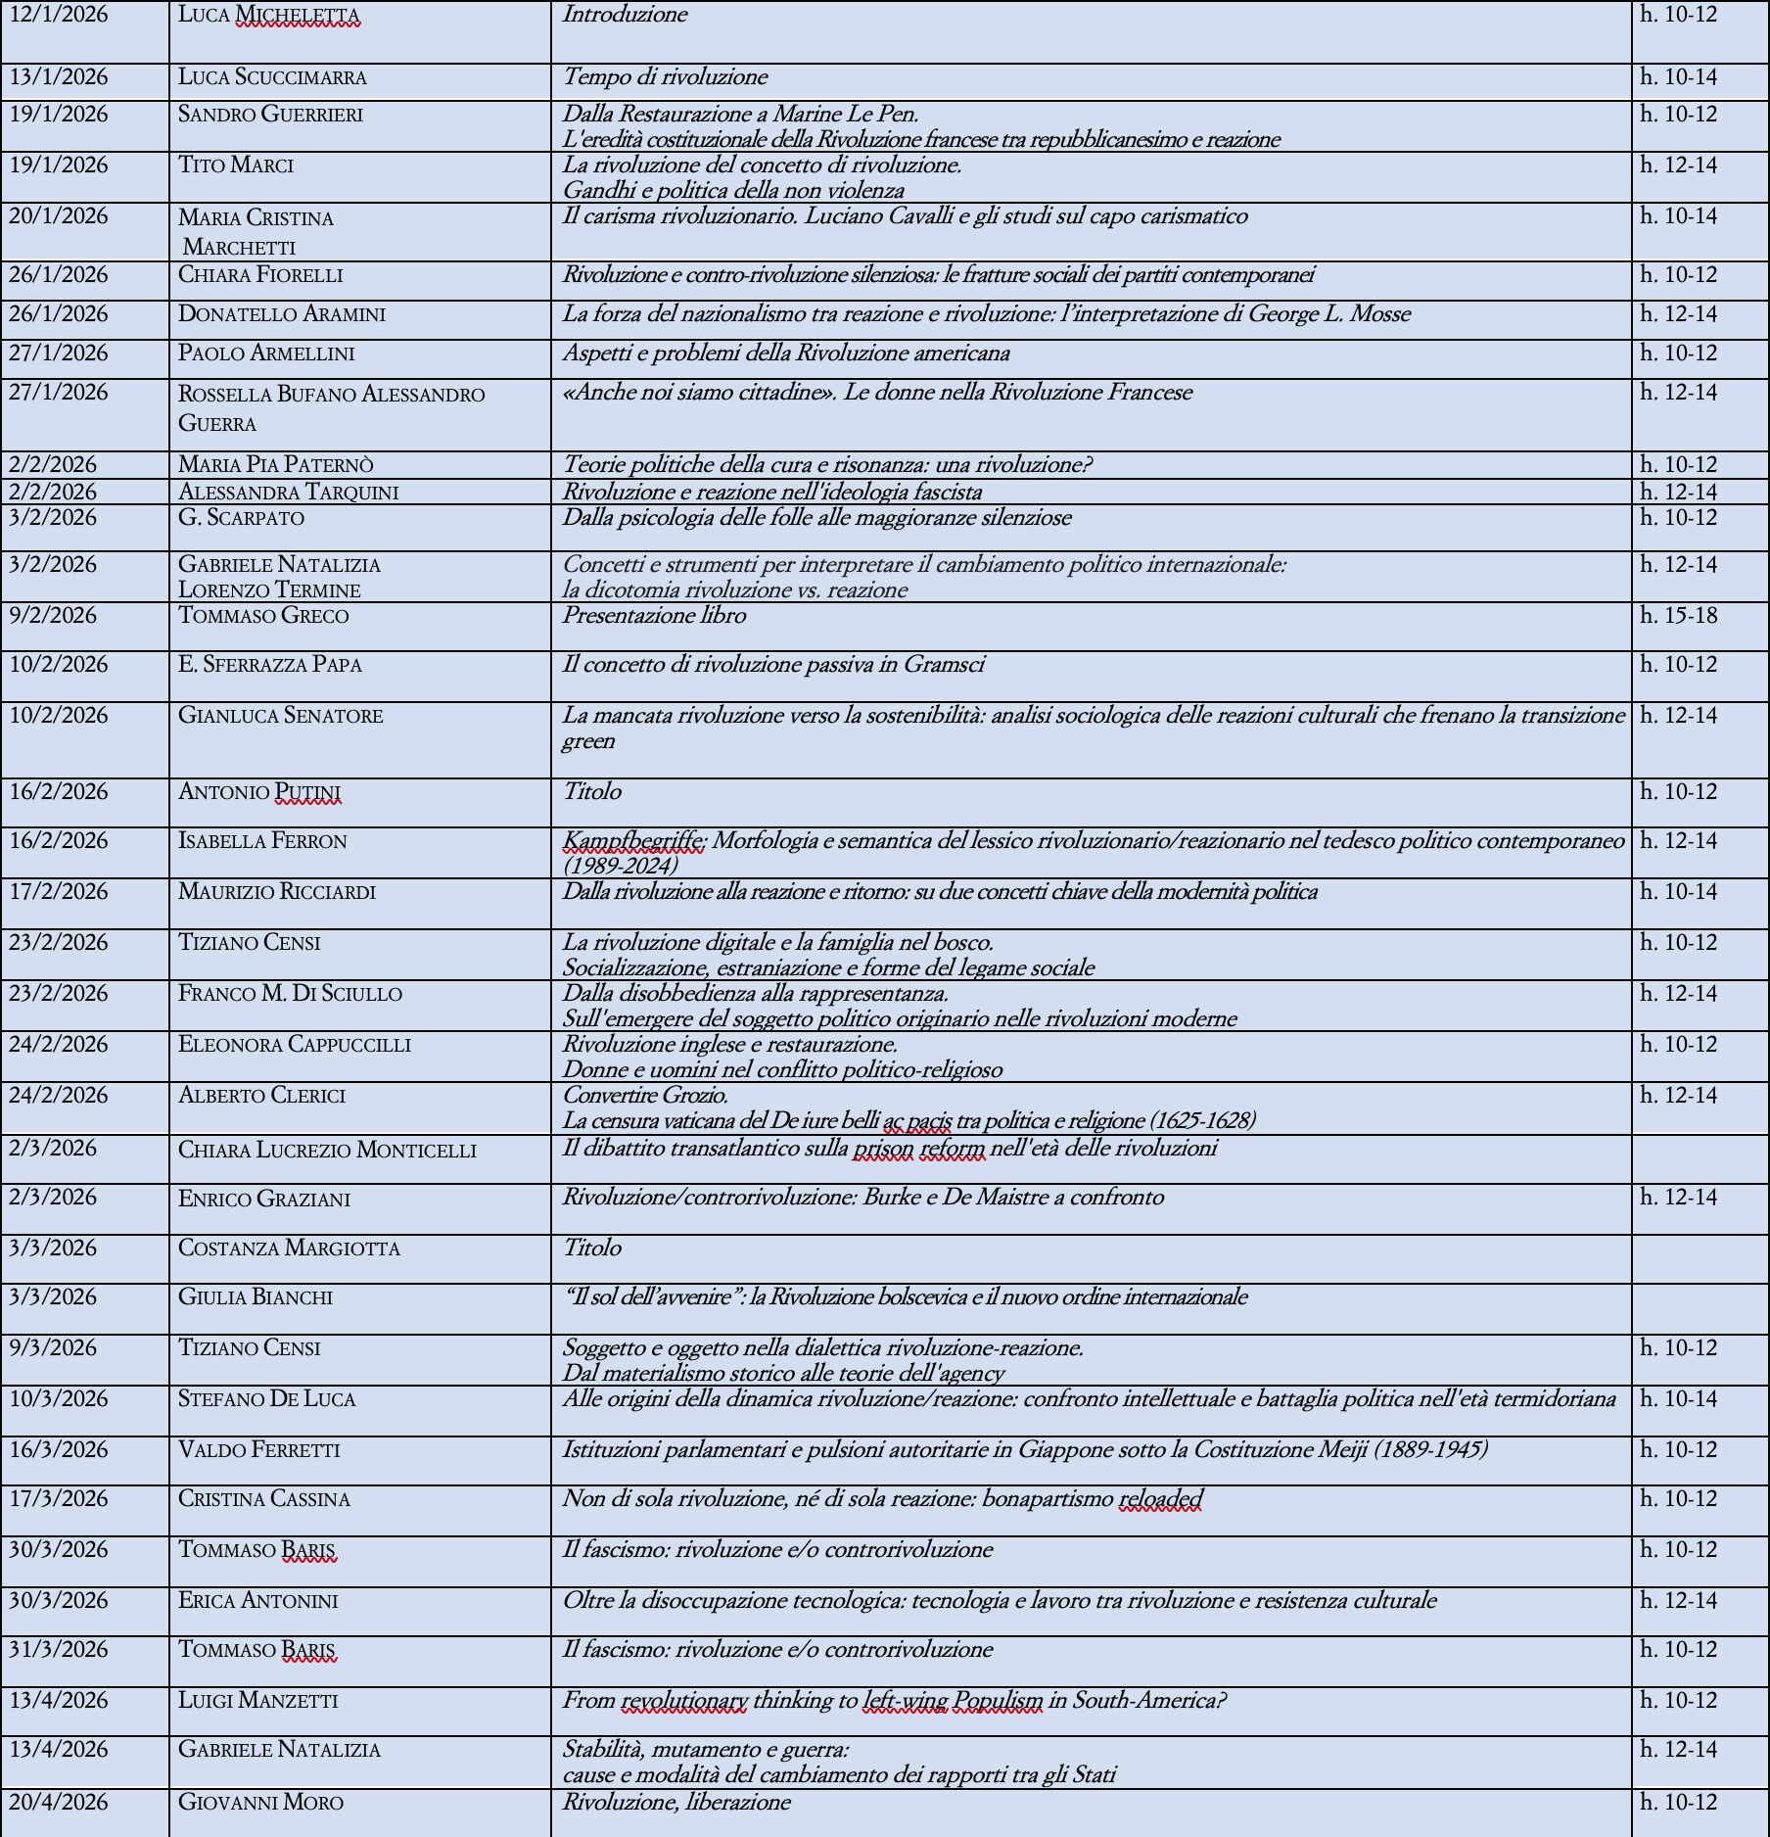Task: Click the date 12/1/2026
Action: click(59, 16)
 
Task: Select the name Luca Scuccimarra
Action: click(272, 77)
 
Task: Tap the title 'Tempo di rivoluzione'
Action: click(665, 77)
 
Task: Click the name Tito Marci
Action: click(236, 165)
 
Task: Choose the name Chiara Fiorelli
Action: click(260, 275)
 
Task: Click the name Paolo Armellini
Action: click(266, 353)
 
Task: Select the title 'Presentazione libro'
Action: click(654, 616)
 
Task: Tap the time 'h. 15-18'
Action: click(1678, 616)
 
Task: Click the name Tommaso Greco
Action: click(263, 616)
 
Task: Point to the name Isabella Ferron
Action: click(262, 841)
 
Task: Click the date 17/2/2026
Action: click(59, 892)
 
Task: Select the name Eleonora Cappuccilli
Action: click(295, 1045)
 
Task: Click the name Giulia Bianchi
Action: click(256, 1297)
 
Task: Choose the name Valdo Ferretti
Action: click(259, 1450)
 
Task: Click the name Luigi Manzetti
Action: click(258, 1701)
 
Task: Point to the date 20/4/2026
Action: click(59, 1803)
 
